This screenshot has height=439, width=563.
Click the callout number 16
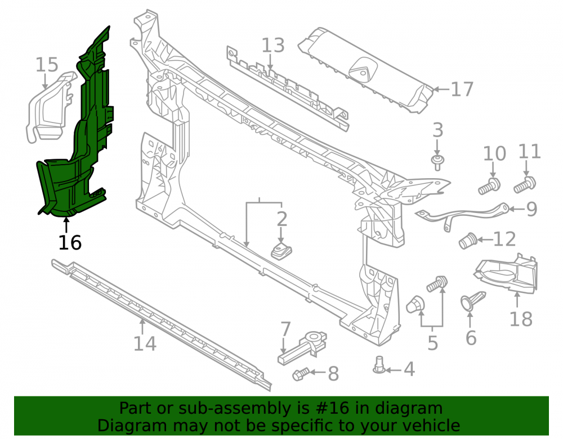click(x=70, y=243)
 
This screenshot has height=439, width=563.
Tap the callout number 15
click(x=47, y=65)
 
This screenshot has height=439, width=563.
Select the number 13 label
click(x=273, y=46)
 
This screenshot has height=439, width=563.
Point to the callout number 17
click(x=462, y=89)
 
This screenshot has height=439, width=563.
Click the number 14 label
click(x=145, y=343)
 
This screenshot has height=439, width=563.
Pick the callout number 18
click(x=521, y=319)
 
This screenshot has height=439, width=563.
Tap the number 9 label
click(x=531, y=209)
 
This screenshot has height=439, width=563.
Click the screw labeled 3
click(x=437, y=162)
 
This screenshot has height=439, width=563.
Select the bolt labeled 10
click(x=489, y=186)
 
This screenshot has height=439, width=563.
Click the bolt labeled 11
click(x=525, y=184)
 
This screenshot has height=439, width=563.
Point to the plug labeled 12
click(x=468, y=241)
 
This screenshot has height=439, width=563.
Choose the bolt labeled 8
click(x=301, y=374)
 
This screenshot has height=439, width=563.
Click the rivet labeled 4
click(x=379, y=365)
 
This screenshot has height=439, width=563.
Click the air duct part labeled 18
click(x=507, y=274)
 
